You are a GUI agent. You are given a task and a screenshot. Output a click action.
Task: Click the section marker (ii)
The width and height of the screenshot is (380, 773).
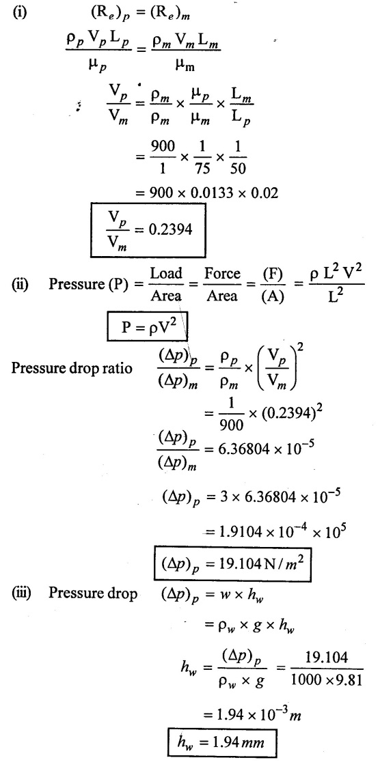click(x=21, y=285)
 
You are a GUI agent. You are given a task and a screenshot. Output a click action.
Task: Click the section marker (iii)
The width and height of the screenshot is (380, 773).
click(x=22, y=593)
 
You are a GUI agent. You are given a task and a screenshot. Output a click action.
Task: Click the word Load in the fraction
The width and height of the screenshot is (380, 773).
click(x=166, y=273)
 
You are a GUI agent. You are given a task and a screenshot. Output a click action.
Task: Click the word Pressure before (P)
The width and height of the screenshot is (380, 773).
click(x=71, y=285)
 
